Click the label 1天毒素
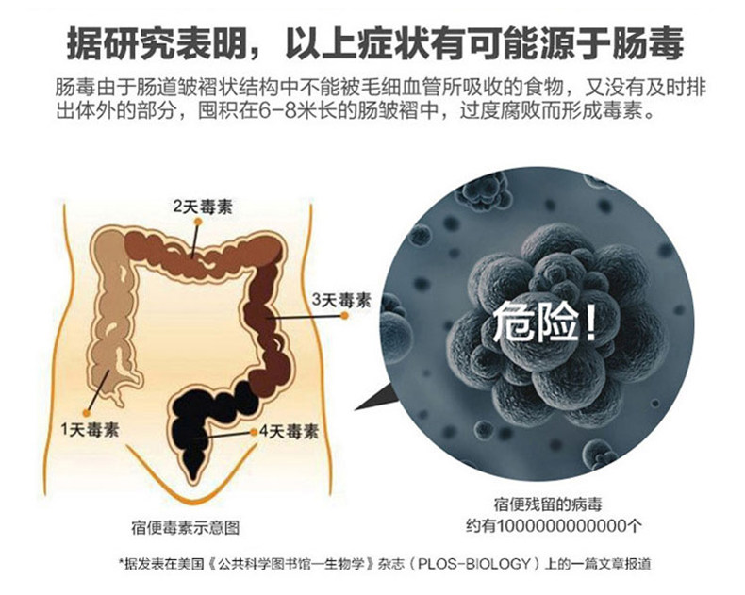click(90, 430)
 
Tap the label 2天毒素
click(203, 207)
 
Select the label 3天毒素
click(341, 301)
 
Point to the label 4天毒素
click(289, 432)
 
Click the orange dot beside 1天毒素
click(86, 413)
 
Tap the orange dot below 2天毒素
click(199, 222)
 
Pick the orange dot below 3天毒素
click(345, 316)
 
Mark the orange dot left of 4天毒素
click(254, 432)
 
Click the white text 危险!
click(544, 322)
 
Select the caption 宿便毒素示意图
click(185, 527)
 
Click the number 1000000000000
click(563, 526)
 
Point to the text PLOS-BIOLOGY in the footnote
click(473, 564)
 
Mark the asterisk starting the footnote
click(121, 562)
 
